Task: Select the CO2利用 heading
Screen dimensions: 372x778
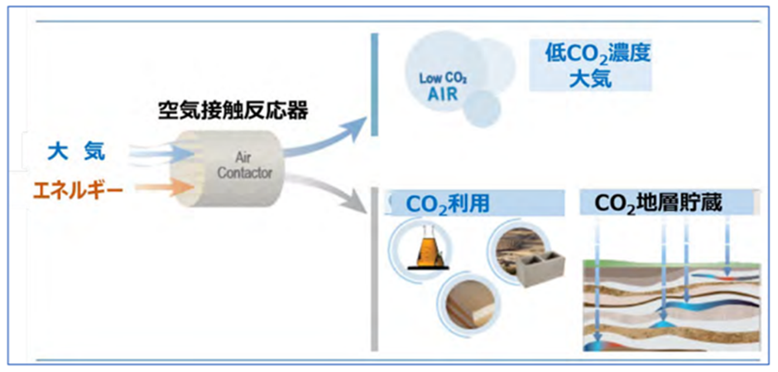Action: click(447, 204)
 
